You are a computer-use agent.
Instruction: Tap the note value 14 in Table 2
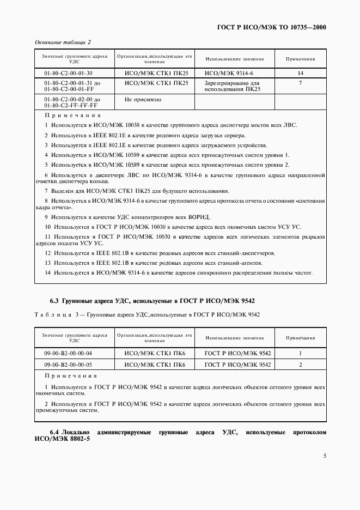pyautogui.click(x=300, y=73)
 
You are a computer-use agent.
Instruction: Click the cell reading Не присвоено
pyautogui.click(x=143, y=100)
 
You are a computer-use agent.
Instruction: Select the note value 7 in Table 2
pyautogui.click(x=300, y=83)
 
